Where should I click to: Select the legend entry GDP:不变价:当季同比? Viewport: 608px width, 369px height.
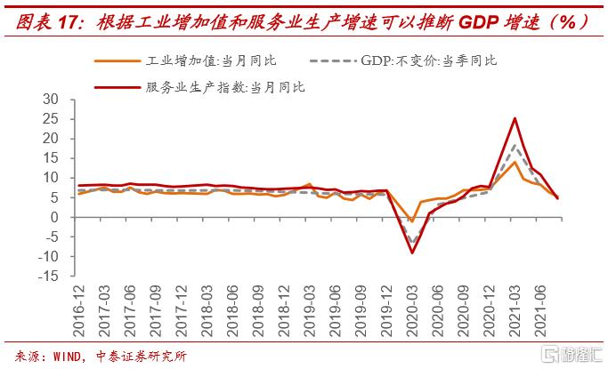tap(428, 60)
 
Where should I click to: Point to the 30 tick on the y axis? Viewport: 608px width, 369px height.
tap(51, 99)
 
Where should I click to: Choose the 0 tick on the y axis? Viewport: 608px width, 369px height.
tap(54, 217)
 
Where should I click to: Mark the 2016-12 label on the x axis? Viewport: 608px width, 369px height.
tap(78, 307)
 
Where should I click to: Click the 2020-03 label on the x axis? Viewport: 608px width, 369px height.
tap(412, 307)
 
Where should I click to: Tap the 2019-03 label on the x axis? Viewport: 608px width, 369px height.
tap(309, 307)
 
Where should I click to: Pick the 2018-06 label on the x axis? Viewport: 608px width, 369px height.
tap(232, 307)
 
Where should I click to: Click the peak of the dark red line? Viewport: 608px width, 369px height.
tap(515, 118)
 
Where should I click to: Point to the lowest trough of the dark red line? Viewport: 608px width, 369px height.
tap(412, 253)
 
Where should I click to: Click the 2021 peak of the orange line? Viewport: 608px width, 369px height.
tap(515, 162)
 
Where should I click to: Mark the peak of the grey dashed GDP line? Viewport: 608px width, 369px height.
tap(515, 145)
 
